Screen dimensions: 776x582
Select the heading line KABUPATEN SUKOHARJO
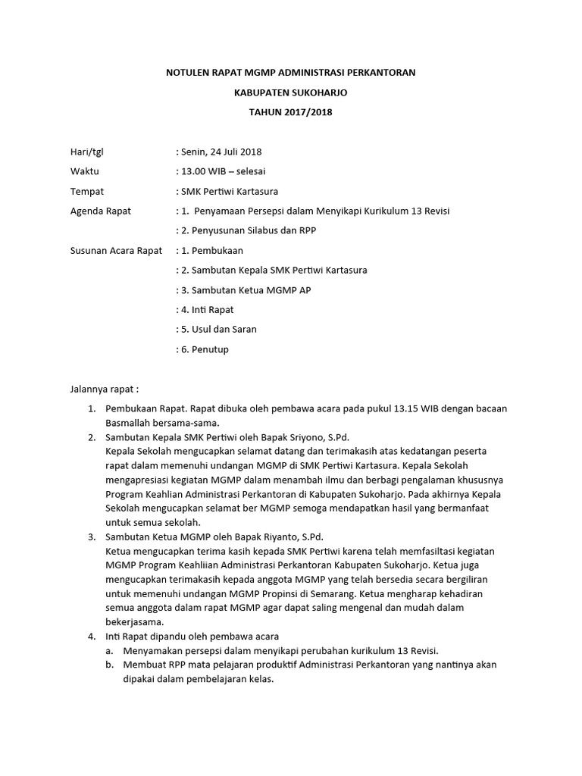pyautogui.click(x=291, y=92)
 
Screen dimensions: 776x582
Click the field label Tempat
pyautogui.click(x=87, y=191)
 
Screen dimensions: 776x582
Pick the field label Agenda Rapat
pyautogui.click(x=100, y=211)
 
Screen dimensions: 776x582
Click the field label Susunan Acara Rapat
pyautogui.click(x=116, y=250)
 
